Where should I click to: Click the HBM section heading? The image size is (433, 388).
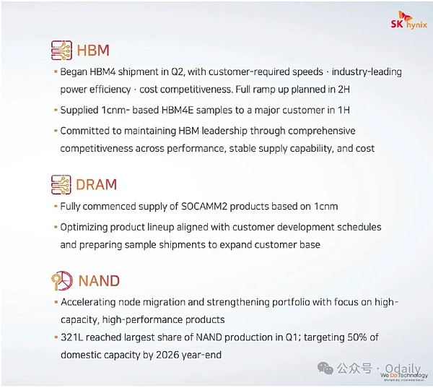click(93, 51)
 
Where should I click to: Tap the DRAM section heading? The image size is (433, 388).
click(97, 184)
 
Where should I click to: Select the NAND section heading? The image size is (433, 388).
click(99, 280)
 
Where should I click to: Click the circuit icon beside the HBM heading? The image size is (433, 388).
click(61, 50)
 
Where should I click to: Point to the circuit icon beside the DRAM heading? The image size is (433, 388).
click(61, 184)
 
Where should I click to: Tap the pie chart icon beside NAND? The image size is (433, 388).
click(62, 280)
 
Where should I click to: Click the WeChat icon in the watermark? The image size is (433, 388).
click(325, 368)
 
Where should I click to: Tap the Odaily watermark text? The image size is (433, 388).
click(403, 368)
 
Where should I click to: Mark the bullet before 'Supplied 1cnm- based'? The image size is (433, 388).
click(56, 110)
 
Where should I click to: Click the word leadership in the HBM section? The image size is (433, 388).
click(224, 131)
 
